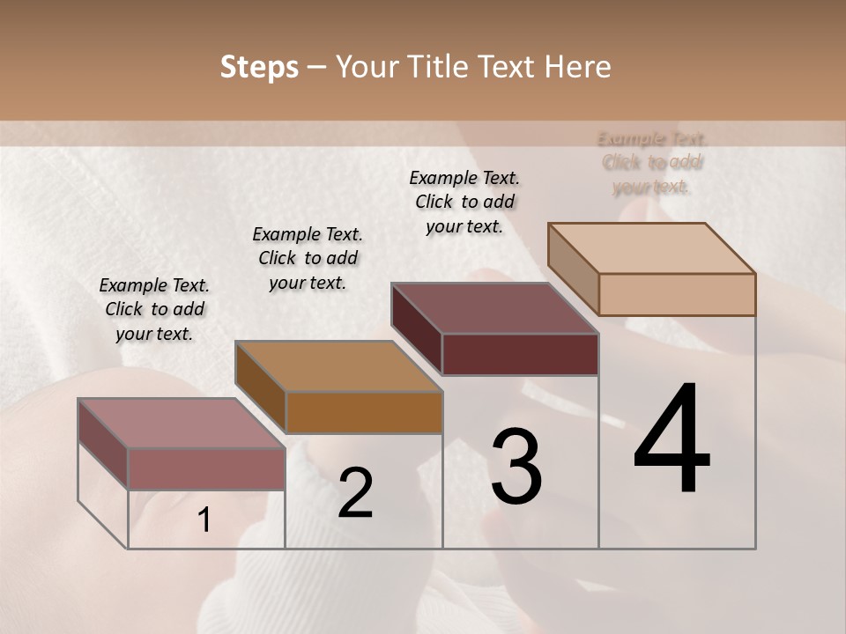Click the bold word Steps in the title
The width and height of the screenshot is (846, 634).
pos(259,67)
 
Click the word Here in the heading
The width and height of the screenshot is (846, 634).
pos(578,67)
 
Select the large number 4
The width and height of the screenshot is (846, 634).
pos(672,440)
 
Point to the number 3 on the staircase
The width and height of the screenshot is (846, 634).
pos(516,467)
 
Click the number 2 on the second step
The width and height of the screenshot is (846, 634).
pos(356,493)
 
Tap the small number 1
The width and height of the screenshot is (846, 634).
pos(204,520)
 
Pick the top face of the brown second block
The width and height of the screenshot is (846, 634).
pos(338,366)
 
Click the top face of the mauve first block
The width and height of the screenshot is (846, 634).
pos(182,424)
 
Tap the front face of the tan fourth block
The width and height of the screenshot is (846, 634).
pos(677,294)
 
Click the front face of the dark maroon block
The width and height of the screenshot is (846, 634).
pos(520,354)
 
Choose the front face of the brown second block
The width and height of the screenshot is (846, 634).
pos(364,412)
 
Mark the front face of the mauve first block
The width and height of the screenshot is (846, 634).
pos(206,468)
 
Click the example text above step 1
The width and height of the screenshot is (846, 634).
pos(154,309)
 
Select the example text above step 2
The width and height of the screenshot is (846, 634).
pos(308,258)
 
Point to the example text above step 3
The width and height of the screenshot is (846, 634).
pos(464,202)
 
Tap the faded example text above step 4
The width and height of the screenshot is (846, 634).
pos(652,162)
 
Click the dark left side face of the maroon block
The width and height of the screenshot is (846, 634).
pos(416,329)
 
